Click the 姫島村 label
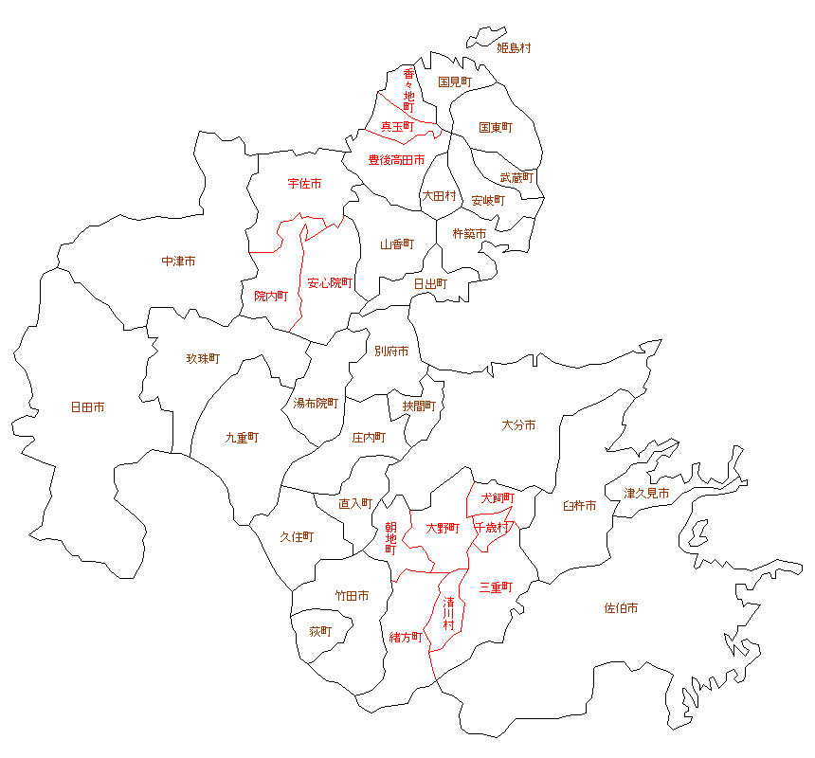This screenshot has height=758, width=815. coord(515,47)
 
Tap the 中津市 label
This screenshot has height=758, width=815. coord(178,261)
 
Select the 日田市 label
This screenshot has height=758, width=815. coord(87,407)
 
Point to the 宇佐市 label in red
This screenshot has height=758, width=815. coord(304,183)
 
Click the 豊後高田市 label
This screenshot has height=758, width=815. coord(396,160)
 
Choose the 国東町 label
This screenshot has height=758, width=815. coord(496,127)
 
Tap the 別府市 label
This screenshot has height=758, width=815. coord(391,351)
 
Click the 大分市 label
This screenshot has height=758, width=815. coord(518,425)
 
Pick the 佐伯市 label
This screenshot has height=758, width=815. coord(621,607)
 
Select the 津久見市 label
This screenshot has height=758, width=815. coord(647,494)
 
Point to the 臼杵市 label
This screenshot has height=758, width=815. coord(579,506)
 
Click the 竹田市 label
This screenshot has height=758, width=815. coord(352,596)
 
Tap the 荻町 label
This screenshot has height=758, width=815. coord(321,631)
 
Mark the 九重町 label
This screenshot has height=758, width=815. coord(242,438)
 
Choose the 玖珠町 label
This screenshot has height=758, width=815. coord(203,359)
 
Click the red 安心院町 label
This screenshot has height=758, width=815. coord(330,282)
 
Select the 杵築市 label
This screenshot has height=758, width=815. coord(469,234)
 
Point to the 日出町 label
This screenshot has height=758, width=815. coord(430,282)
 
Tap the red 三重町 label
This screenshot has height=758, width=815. coord(496,587)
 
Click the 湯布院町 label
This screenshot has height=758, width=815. coord(316,403)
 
